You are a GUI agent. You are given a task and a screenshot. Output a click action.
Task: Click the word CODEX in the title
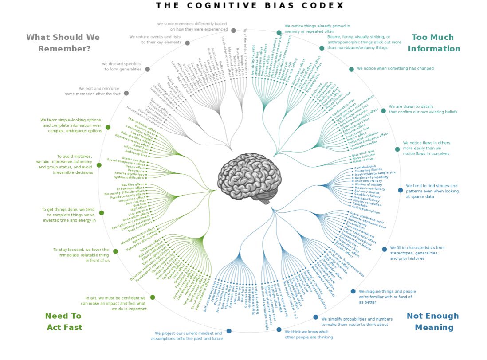(324, 5)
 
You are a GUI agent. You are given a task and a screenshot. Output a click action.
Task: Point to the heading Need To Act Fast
(64, 321)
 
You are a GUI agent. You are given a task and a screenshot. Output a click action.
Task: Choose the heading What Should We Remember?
(63, 43)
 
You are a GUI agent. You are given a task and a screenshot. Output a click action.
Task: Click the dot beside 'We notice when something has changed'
(351, 69)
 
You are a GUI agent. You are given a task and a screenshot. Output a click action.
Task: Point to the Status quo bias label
(133, 159)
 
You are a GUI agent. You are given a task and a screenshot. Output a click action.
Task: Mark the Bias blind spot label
(363, 152)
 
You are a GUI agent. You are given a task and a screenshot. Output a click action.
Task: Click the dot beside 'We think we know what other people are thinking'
(279, 329)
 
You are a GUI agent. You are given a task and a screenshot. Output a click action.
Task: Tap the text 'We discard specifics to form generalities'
(122, 67)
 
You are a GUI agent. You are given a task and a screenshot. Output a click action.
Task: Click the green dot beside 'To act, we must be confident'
(153, 297)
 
